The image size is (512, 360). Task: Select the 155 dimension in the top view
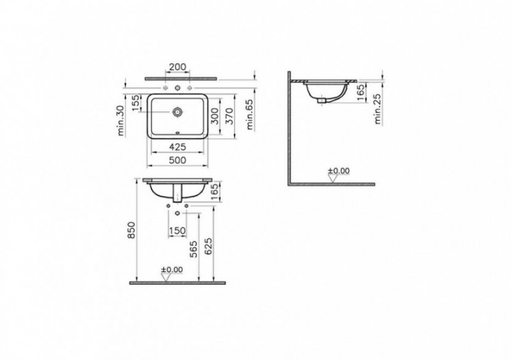(x=137, y=103)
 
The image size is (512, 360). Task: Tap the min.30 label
(x=122, y=121)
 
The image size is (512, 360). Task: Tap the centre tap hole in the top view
(x=177, y=88)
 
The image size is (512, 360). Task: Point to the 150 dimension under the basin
(x=177, y=232)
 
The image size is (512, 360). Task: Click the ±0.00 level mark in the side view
(x=338, y=170)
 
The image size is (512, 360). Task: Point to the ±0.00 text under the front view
(x=172, y=270)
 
